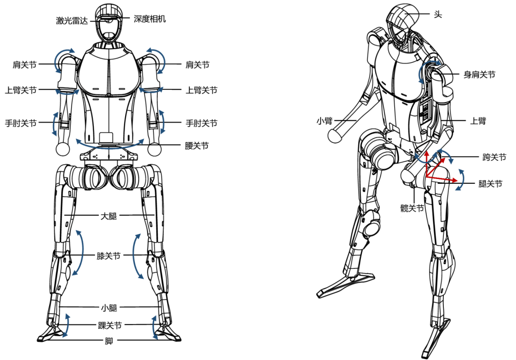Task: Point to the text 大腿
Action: [109, 216]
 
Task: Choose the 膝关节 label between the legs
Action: [109, 256]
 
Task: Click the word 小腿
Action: [109, 307]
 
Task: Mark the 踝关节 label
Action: [109, 326]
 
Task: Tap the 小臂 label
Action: [324, 121]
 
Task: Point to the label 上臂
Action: [478, 121]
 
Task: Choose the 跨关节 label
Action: [494, 157]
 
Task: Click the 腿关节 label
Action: [490, 183]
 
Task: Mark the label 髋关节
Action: [412, 208]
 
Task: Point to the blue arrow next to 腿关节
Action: [461, 180]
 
